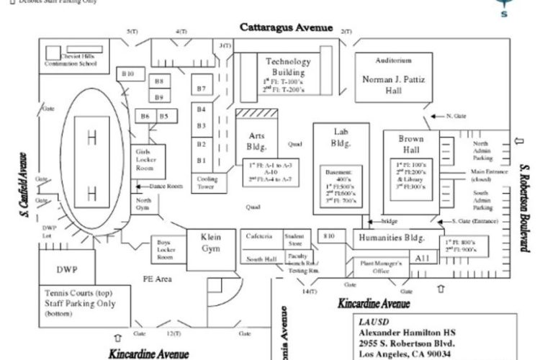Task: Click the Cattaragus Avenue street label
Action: click(286, 27)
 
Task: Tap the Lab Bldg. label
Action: click(341, 138)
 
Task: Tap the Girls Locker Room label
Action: click(146, 160)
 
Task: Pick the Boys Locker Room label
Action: click(166, 249)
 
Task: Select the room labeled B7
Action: click(202, 89)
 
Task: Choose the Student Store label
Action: click(294, 239)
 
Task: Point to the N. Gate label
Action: click(456, 115)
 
